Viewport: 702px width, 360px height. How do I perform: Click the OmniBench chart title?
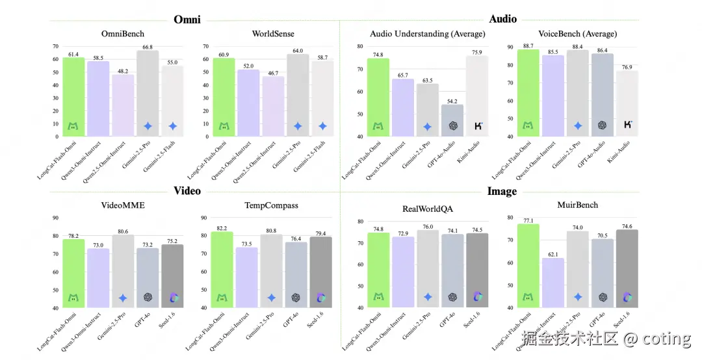pos(123,33)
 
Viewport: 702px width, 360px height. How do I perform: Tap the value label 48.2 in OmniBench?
pos(123,70)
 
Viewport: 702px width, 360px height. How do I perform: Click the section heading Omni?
pos(187,19)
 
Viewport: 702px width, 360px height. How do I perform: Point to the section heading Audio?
pos(502,19)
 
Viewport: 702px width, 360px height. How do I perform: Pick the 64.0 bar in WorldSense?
pos(297,95)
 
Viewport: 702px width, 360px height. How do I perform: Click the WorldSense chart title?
pos(272,33)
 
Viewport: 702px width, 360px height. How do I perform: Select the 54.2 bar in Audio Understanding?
pos(452,120)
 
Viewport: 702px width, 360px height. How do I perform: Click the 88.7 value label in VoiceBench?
pos(528,45)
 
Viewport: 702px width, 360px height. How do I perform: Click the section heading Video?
pos(187,190)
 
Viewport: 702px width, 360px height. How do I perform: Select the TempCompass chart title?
pos(272,205)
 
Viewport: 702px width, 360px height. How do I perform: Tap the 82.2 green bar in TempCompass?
pos(222,270)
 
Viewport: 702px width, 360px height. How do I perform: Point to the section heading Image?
pos(502,191)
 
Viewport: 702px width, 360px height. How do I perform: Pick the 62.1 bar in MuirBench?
pos(552,283)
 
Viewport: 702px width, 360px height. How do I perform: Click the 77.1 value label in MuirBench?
pos(528,221)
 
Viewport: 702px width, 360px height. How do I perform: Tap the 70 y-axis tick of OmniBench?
pos(55,47)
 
